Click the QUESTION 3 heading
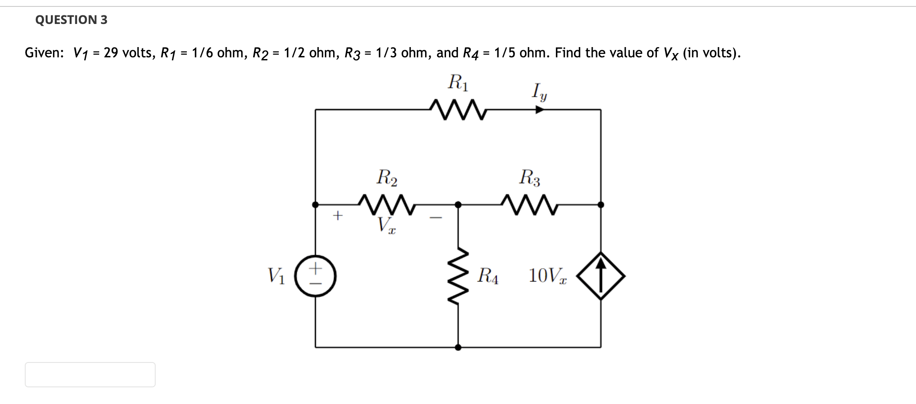(x=71, y=20)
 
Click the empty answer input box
(x=90, y=374)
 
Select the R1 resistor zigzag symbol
(x=458, y=110)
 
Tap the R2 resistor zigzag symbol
(x=387, y=205)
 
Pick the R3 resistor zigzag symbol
(x=529, y=205)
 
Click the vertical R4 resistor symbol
(x=458, y=276)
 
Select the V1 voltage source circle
(x=316, y=276)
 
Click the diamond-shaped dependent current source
(x=601, y=276)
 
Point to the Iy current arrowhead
(x=540, y=110)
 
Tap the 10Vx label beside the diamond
(x=547, y=276)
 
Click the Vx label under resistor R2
(x=386, y=225)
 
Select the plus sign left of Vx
(x=338, y=215)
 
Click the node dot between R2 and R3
(x=458, y=205)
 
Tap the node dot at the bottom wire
(x=458, y=348)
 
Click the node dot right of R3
(x=601, y=205)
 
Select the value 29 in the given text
(x=111, y=53)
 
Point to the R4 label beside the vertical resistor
(x=488, y=276)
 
